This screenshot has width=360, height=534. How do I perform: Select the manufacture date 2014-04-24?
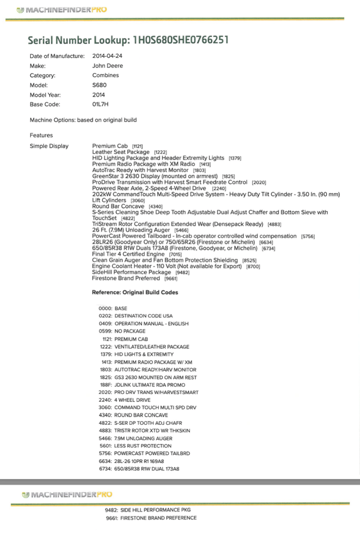coord(107,56)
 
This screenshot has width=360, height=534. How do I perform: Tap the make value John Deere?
coord(107,66)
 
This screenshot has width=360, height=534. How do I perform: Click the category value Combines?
coord(106,75)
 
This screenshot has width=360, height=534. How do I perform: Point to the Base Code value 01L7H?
coord(100,104)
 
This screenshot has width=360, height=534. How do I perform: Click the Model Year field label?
coord(45,95)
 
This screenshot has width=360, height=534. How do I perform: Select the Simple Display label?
coord(49,146)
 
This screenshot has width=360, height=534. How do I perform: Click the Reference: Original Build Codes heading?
coord(135,293)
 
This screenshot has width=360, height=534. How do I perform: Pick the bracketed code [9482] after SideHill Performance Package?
coord(182,272)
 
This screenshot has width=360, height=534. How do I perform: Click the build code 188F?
coord(106,385)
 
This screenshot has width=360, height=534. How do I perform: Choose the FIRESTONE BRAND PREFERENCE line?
coord(158,518)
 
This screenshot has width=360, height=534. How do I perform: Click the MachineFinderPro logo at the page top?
coord(61,10)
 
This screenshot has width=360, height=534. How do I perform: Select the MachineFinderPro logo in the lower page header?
coord(67,494)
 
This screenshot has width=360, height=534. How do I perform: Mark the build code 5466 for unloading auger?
coord(106,438)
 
